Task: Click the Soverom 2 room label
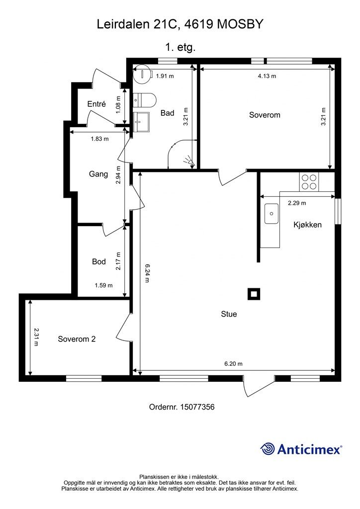pyautogui.click(x=77, y=339)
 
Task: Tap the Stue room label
pyautogui.click(x=229, y=314)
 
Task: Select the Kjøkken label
pyautogui.click(x=307, y=225)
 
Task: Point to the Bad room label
pyautogui.click(x=168, y=113)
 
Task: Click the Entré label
pyautogui.click(x=96, y=104)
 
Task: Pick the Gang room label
pyautogui.click(x=98, y=174)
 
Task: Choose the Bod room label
pyautogui.click(x=99, y=261)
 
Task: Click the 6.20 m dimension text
pyautogui.click(x=233, y=363)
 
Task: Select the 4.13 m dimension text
pyautogui.click(x=267, y=76)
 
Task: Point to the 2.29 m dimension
pyautogui.click(x=297, y=203)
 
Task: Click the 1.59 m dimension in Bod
pyautogui.click(x=103, y=285)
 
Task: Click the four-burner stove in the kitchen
pyautogui.click(x=309, y=182)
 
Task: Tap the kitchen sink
pyautogui.click(x=271, y=214)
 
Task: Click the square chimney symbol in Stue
pyautogui.click(x=254, y=294)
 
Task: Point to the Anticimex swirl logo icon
pyautogui.click(x=268, y=449)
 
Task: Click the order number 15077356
pyautogui.click(x=197, y=407)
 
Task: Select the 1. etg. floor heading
pyautogui.click(x=180, y=48)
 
